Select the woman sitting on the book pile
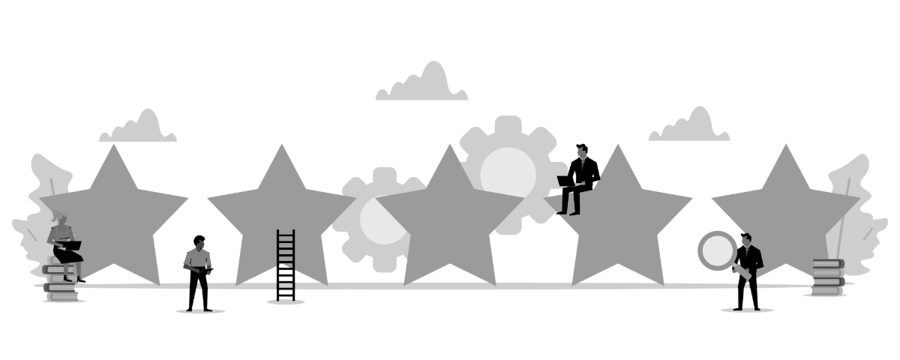pyautogui.click(x=64, y=244)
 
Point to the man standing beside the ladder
pyautogui.click(x=199, y=270)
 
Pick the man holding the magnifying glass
pyautogui.click(x=748, y=262)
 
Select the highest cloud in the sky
pyautogui.click(x=422, y=85)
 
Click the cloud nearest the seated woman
pyautogui.click(x=139, y=128)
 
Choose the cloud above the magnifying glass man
pyautogui.click(x=689, y=127)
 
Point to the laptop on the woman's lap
pyautogui.click(x=70, y=244)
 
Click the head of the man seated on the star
pyautogui.click(x=581, y=153)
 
